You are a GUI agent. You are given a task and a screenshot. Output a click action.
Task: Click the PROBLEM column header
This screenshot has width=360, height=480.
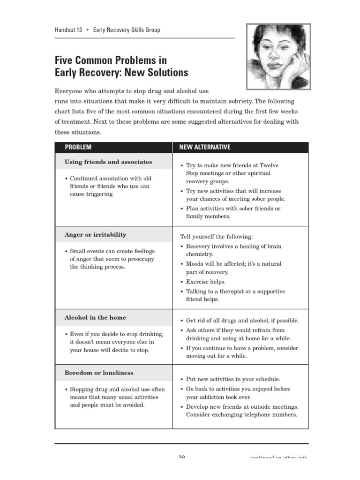click(x=78, y=147)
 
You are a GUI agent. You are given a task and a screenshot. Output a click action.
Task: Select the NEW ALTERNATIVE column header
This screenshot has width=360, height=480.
click(x=205, y=147)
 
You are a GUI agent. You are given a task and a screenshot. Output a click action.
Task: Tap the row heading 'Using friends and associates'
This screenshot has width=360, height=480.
click(x=108, y=162)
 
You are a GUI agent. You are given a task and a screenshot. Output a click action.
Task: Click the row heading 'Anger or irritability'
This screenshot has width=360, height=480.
click(x=95, y=235)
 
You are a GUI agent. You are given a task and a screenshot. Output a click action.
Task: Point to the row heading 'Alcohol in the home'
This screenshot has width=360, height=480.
click(x=95, y=318)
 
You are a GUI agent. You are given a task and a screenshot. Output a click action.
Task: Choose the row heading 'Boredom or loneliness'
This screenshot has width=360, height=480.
click(x=99, y=373)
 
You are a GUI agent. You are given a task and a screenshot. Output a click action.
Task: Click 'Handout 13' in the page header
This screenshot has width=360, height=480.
click(x=68, y=30)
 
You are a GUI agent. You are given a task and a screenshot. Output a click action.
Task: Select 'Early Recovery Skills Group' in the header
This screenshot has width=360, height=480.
click(x=127, y=30)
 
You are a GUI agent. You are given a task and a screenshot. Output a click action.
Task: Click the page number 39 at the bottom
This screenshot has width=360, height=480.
click(x=182, y=457)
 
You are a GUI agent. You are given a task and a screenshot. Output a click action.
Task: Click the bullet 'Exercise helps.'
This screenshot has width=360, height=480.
click(x=206, y=282)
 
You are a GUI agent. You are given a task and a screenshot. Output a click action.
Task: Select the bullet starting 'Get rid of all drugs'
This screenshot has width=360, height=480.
click(x=242, y=321)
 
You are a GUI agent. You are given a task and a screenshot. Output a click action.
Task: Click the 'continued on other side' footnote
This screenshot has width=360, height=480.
click(x=279, y=457)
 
